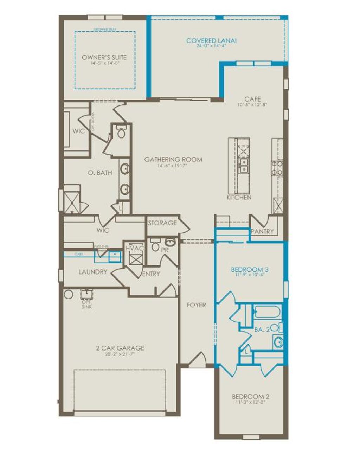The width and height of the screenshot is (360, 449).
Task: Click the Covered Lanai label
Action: pos(211,41)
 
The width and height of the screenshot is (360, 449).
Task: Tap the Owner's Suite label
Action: pos(104,57)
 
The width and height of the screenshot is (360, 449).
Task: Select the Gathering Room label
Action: pos(173,160)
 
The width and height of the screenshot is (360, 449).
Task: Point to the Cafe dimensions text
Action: pos(253,104)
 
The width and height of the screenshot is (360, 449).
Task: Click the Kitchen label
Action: pos(239,198)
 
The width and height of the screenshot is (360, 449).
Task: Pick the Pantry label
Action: pos(262,231)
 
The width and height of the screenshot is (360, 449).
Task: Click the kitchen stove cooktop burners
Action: pos(277,168)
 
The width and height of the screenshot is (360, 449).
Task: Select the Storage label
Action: pos(162,223)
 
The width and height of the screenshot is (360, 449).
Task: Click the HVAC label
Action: pos(135,248)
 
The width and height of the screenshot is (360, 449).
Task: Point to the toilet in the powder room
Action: pos(155,246)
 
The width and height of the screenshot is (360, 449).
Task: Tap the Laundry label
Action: pos(93,272)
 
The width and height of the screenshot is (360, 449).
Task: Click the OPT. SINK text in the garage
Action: pos(86,304)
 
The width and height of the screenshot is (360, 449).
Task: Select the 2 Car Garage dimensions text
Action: pos(120,354)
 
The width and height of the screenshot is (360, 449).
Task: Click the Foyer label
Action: pos(196,305)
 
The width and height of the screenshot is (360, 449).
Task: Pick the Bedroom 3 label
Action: pos(250,270)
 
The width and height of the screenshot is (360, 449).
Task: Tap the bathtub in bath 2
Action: pos(267,312)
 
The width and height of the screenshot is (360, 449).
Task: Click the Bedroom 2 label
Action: pos(251,397)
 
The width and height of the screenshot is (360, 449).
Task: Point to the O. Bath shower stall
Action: pos(72,203)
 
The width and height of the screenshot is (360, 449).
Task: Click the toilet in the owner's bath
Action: pos(121,133)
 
